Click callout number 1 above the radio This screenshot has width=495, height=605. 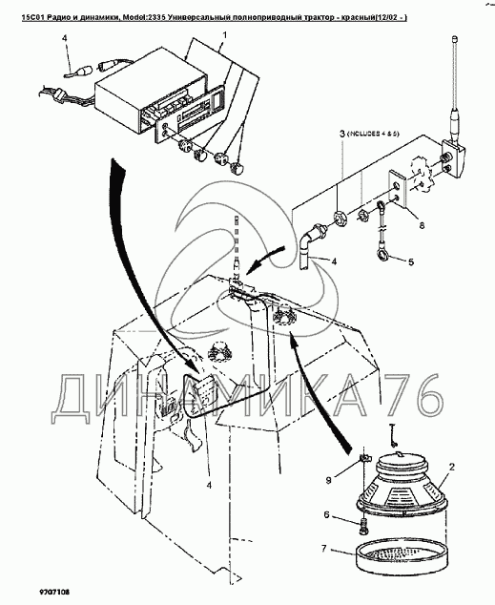(224, 35)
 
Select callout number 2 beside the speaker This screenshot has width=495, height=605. (451, 467)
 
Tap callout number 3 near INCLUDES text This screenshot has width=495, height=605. (342, 134)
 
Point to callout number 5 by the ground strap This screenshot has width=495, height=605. (410, 262)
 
